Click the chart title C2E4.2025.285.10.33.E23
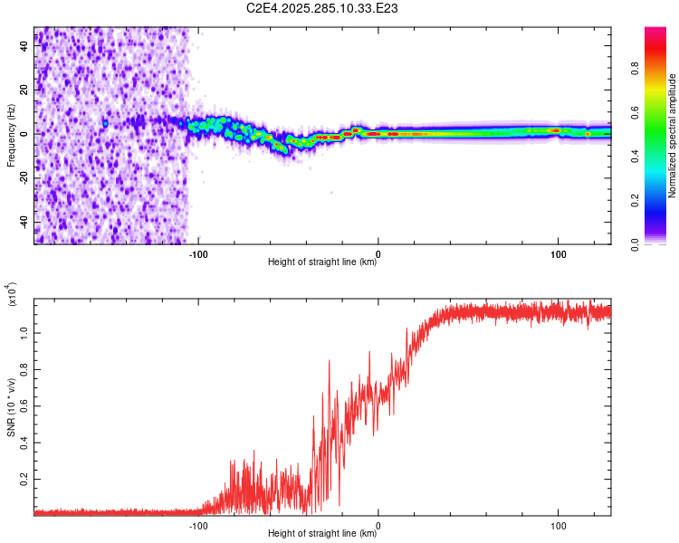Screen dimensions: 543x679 click(x=323, y=8)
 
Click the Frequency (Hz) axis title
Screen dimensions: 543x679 click(x=11, y=136)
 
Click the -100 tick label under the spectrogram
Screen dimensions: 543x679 click(x=197, y=253)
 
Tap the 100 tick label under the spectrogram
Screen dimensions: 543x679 click(x=559, y=253)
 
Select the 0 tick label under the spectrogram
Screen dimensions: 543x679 click(x=378, y=253)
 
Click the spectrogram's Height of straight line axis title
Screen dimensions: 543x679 click(x=322, y=263)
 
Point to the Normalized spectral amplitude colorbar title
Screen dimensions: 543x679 click(x=673, y=136)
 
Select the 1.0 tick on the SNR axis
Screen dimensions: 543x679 click(x=24, y=331)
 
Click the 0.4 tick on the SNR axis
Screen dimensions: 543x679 click(x=24, y=442)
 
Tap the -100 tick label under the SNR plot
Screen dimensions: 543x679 click(x=197, y=525)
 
